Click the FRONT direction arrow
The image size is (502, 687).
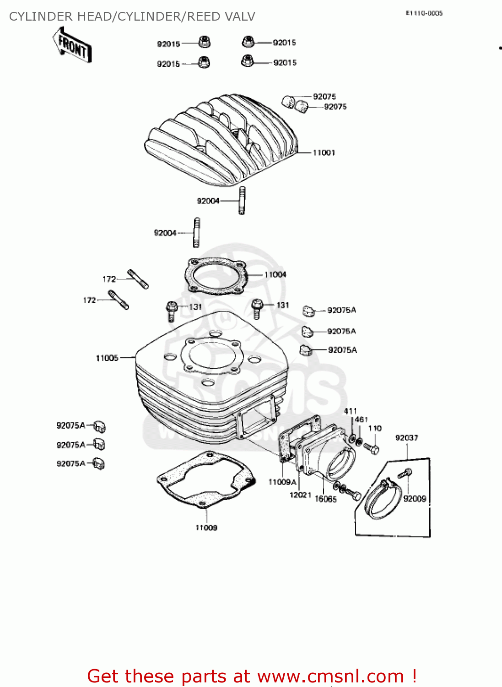pos(72,46)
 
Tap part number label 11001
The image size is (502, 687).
pos(324,153)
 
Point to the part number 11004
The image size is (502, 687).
pos(275,275)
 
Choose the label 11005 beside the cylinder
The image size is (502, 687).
pos(107,358)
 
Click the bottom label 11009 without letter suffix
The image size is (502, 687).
pos(206,528)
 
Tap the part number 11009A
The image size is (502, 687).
pos(282,482)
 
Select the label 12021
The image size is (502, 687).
pos(300,495)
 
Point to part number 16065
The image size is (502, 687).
pos(325,499)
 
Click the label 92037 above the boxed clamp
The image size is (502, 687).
pos(406,438)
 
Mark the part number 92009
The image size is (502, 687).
pos(415,499)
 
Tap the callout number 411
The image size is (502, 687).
pos(350,411)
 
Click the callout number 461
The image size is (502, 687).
pos(361,420)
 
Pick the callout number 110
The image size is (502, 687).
pos(375,428)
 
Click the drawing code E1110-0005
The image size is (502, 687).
pos(424,14)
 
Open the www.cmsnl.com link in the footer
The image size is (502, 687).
pos(330,676)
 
